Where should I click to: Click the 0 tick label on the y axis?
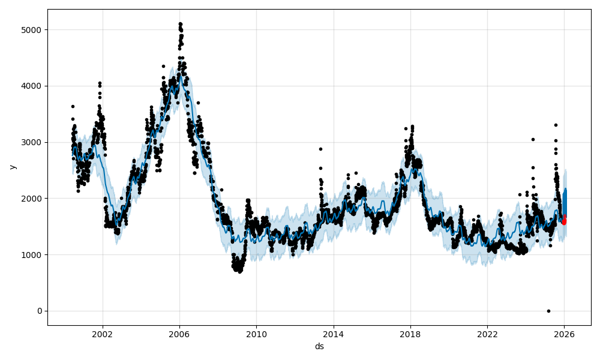click(41, 311)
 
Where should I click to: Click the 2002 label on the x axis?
click(103, 334)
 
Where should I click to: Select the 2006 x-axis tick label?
click(179, 334)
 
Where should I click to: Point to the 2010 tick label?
click(256, 334)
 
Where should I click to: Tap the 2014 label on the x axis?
click(334, 334)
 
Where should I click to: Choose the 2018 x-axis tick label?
click(410, 334)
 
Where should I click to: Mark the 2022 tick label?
click(487, 334)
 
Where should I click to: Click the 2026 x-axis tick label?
click(565, 334)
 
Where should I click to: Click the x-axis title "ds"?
click(319, 346)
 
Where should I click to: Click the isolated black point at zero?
click(548, 311)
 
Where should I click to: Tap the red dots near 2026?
click(564, 221)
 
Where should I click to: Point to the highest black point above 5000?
click(181, 24)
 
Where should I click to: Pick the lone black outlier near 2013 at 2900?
click(320, 149)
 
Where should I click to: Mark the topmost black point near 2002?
click(100, 83)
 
